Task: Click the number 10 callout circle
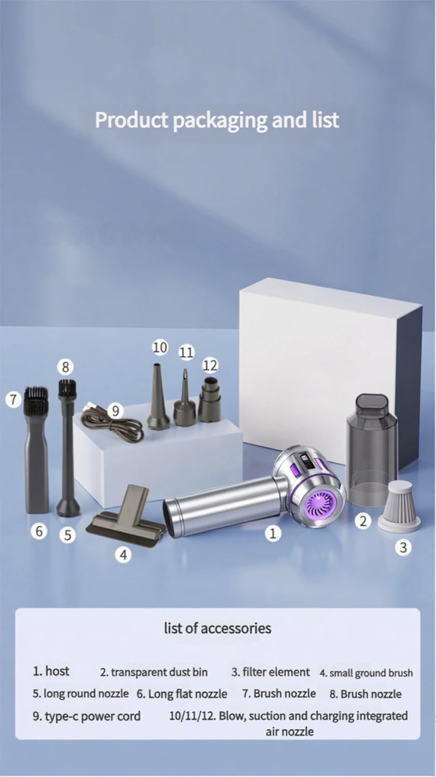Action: coord(160,347)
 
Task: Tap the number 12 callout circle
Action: coord(210,365)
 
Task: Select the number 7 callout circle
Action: coord(13,399)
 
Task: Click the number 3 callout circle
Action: coord(403,548)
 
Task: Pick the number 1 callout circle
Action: coord(273,533)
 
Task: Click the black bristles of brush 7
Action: coord(36,399)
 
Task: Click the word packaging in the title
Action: coord(221,120)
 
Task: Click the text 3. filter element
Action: coord(271,672)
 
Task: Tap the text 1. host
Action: coord(51,671)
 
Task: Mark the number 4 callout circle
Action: coord(123,555)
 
